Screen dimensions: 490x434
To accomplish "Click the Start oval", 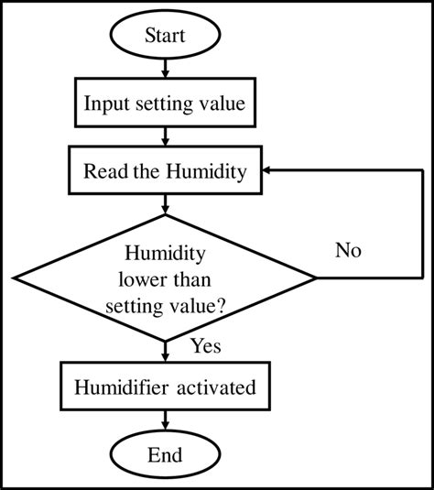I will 165,37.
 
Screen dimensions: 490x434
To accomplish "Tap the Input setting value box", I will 165,103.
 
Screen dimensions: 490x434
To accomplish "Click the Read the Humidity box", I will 165,170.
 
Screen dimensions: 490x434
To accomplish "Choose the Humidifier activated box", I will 165,387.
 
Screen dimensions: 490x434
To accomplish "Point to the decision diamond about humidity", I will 165,278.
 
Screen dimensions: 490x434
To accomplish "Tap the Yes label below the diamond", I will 205,346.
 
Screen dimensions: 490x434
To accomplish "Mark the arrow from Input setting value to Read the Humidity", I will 165,136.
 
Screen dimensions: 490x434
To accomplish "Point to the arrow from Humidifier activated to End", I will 165,420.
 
